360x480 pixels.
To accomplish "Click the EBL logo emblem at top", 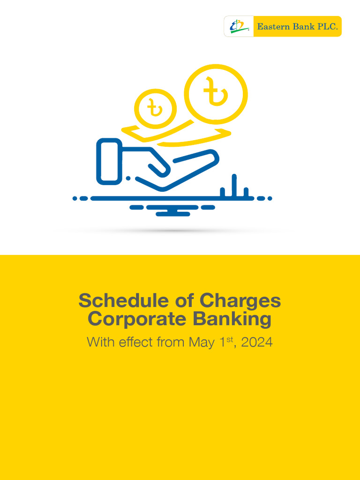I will pyautogui.click(x=239, y=27).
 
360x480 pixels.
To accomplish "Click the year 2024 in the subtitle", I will pyautogui.click(x=257, y=342).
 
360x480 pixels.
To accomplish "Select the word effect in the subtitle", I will pyautogui.click(x=135, y=342).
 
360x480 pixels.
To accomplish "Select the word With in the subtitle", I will pyautogui.click(x=99, y=342).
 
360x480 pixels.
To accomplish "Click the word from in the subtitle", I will pyautogui.click(x=171, y=342).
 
